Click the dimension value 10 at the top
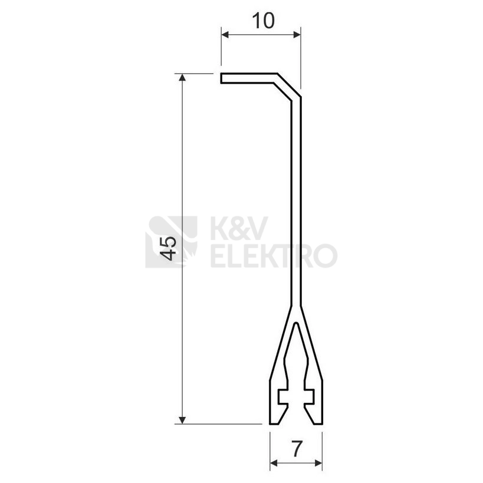[263, 21]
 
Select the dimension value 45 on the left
[168, 248]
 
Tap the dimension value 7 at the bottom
[295, 449]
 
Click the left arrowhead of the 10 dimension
[225, 34]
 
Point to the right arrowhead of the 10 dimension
[297, 34]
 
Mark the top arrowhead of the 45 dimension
[182, 77]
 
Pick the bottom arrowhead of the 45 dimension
[182, 420]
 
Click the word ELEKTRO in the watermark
[274, 255]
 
